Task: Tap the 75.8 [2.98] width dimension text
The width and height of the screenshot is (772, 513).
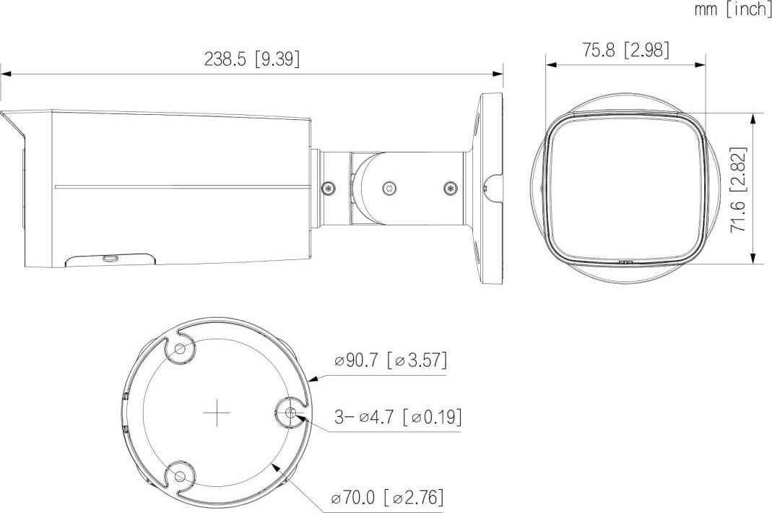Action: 626,50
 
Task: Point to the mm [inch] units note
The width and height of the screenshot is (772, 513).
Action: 732,9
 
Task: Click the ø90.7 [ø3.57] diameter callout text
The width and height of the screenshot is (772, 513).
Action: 391,361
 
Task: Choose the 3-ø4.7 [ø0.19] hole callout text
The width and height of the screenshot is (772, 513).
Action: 398,417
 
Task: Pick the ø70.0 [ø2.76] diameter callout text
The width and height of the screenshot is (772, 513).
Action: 388,496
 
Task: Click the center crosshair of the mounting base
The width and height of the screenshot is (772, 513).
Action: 217,413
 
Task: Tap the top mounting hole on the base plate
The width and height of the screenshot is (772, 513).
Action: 181,350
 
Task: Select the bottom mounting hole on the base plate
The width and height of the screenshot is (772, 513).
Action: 181,476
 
